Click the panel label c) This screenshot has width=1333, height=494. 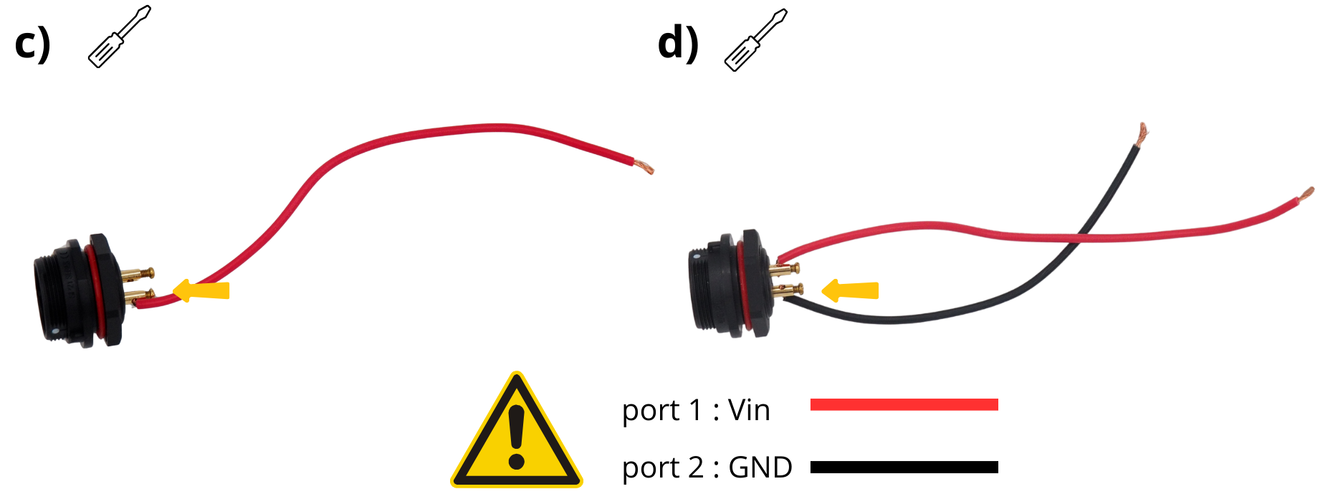pyautogui.click(x=32, y=43)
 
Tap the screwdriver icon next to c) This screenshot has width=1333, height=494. pyautogui.click(x=119, y=37)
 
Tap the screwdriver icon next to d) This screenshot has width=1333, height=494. pyautogui.click(x=755, y=40)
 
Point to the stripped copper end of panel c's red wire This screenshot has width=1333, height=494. pyautogui.click(x=644, y=168)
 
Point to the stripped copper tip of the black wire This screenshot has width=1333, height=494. pyautogui.click(x=1141, y=132)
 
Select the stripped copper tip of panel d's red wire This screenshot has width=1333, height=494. pyautogui.click(x=1306, y=194)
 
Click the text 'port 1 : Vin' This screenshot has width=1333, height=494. pyautogui.click(x=696, y=410)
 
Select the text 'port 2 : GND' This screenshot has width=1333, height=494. pyautogui.click(x=707, y=467)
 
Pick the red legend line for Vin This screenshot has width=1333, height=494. pyautogui.click(x=904, y=404)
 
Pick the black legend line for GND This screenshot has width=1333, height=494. pyautogui.click(x=904, y=467)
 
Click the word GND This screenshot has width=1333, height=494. pyautogui.click(x=760, y=467)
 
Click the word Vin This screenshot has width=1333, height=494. pyautogui.click(x=749, y=410)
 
